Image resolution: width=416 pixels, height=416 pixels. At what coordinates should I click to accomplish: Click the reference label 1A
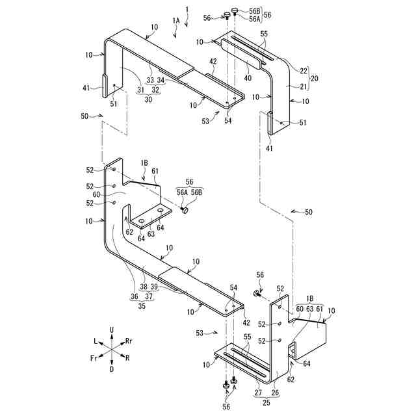(x=176, y=21)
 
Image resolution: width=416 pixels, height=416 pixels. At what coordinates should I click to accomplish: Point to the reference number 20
(x=315, y=77)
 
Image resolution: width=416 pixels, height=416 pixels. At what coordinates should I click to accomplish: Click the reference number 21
(x=303, y=86)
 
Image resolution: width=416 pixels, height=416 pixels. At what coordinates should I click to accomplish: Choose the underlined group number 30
(x=149, y=99)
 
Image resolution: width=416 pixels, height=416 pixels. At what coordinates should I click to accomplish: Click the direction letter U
(x=112, y=330)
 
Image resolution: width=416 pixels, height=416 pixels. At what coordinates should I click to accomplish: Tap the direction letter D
(x=112, y=369)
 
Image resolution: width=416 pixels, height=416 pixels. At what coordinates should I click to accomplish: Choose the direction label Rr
(x=129, y=340)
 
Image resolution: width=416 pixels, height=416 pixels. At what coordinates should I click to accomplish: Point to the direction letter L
(x=95, y=341)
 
